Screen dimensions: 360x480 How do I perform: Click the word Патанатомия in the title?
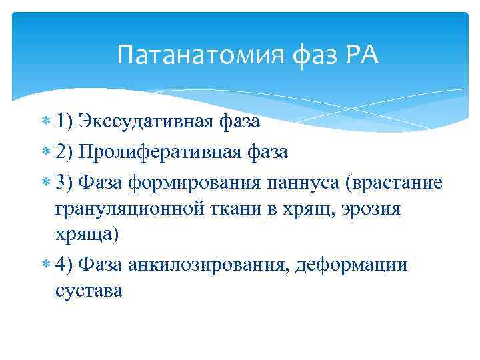click(200, 55)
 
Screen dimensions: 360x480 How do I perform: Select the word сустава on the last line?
click(89, 291)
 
